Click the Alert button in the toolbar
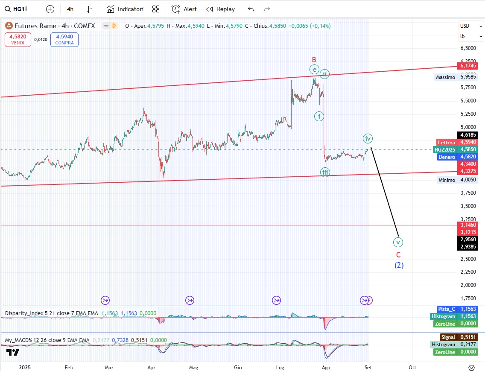184,9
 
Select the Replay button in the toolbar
220,9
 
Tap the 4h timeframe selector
70,9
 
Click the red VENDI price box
18,40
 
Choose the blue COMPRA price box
64,40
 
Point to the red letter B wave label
314,60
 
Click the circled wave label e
314,70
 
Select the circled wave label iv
368,138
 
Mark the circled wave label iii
325,172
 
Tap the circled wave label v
398,242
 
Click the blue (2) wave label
399,265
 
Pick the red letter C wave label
398,254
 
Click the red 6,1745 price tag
467,66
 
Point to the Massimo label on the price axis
445,77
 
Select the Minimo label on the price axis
447,180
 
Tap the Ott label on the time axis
412,367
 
